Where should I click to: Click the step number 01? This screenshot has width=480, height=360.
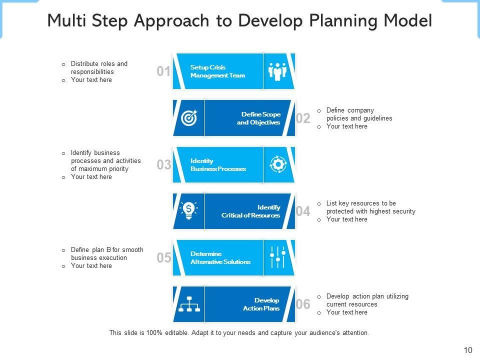coord(163,71)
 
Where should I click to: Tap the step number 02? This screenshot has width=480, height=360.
coord(303,118)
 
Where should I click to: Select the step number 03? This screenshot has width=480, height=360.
coord(163,165)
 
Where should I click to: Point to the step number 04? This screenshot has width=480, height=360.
coord(303,211)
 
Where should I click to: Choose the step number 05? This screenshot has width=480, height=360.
coord(163,258)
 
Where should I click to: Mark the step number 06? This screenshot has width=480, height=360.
coord(303,304)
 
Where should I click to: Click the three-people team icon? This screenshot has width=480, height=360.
coord(277,71)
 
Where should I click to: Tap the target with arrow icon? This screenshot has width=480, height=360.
coord(189,118)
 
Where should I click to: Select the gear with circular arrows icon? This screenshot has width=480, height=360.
coord(277,164)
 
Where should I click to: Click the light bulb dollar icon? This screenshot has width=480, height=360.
coord(189,210)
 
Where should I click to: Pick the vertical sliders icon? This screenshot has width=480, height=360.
coord(277,257)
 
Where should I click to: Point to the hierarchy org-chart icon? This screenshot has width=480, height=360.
coord(189,304)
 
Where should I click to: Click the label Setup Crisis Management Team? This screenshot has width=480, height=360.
coord(217,71)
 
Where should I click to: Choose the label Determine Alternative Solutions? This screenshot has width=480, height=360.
coord(220,258)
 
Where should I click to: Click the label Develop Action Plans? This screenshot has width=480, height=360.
coord(261,304)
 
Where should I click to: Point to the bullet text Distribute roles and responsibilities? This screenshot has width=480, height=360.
coord(99,67)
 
